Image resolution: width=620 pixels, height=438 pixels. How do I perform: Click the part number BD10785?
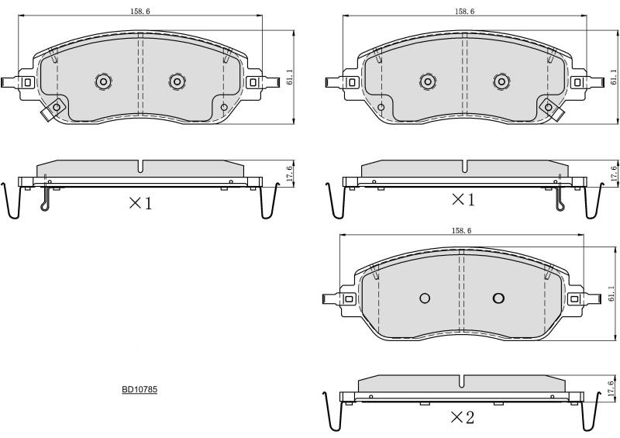click(139, 389)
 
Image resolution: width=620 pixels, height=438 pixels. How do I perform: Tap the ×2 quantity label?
click(462, 417)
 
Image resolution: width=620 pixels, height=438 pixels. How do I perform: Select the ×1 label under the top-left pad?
click(140, 203)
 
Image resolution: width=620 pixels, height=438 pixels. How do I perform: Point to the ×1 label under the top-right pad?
click(463, 200)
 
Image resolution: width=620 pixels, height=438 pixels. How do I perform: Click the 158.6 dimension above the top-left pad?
click(140, 12)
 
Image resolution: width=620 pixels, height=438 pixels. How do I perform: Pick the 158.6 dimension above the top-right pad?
click(464, 12)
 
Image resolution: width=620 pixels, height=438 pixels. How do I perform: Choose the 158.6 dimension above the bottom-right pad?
click(461, 231)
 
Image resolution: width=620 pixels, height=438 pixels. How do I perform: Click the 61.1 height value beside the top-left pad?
click(290, 78)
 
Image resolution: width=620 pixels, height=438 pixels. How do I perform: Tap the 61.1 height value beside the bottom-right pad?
click(611, 294)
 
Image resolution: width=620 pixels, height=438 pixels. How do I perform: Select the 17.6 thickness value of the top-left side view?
click(289, 174)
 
